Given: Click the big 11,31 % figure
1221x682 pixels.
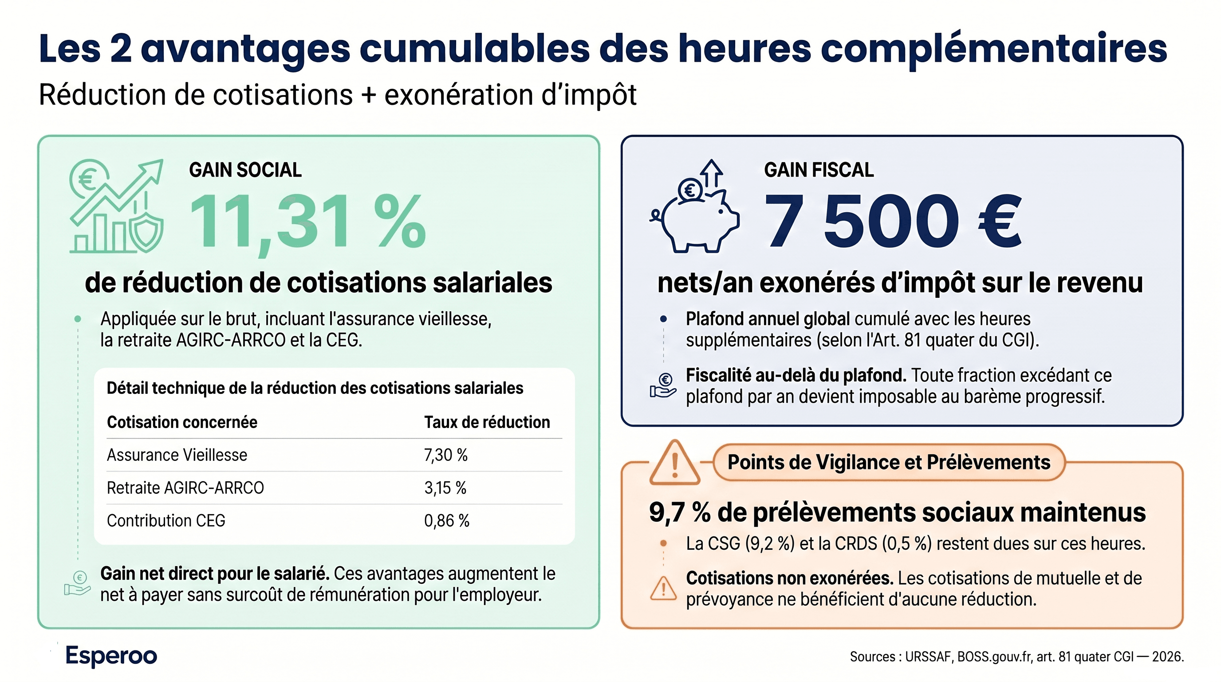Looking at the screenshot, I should pos(307,222).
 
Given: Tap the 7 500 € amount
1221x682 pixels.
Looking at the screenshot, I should pos(892,222).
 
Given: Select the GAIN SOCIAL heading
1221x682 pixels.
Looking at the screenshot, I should pos(245,170).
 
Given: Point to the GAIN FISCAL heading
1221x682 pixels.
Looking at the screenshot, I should pos(819,170).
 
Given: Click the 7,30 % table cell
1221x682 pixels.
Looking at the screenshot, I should pos(445,455).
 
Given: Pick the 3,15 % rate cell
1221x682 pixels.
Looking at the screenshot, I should pos(445,488).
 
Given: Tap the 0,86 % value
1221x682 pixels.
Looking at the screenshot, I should pos(446,521).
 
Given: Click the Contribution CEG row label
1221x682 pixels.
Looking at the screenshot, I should pos(166,521).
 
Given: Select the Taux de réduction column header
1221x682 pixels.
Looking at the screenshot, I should pos(487,422).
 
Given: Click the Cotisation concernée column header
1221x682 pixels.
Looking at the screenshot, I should pos(182,422).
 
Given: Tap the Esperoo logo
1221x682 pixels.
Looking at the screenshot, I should pos(111,656).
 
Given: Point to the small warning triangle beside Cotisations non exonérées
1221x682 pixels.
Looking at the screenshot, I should pos(663,589).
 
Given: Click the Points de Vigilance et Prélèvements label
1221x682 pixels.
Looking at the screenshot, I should pos(889,462).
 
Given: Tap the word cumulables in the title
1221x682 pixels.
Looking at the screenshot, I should pos(474,48).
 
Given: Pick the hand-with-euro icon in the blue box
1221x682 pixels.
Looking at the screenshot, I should pos(663,385).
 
